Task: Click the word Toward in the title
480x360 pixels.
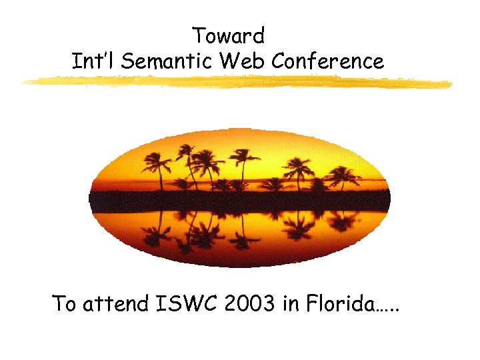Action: click(x=228, y=35)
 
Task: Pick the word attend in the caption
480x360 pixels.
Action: click(x=117, y=305)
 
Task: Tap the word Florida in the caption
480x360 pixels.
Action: click(x=341, y=305)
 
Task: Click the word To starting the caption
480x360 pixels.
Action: click(x=65, y=305)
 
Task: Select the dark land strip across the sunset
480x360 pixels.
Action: click(x=240, y=201)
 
